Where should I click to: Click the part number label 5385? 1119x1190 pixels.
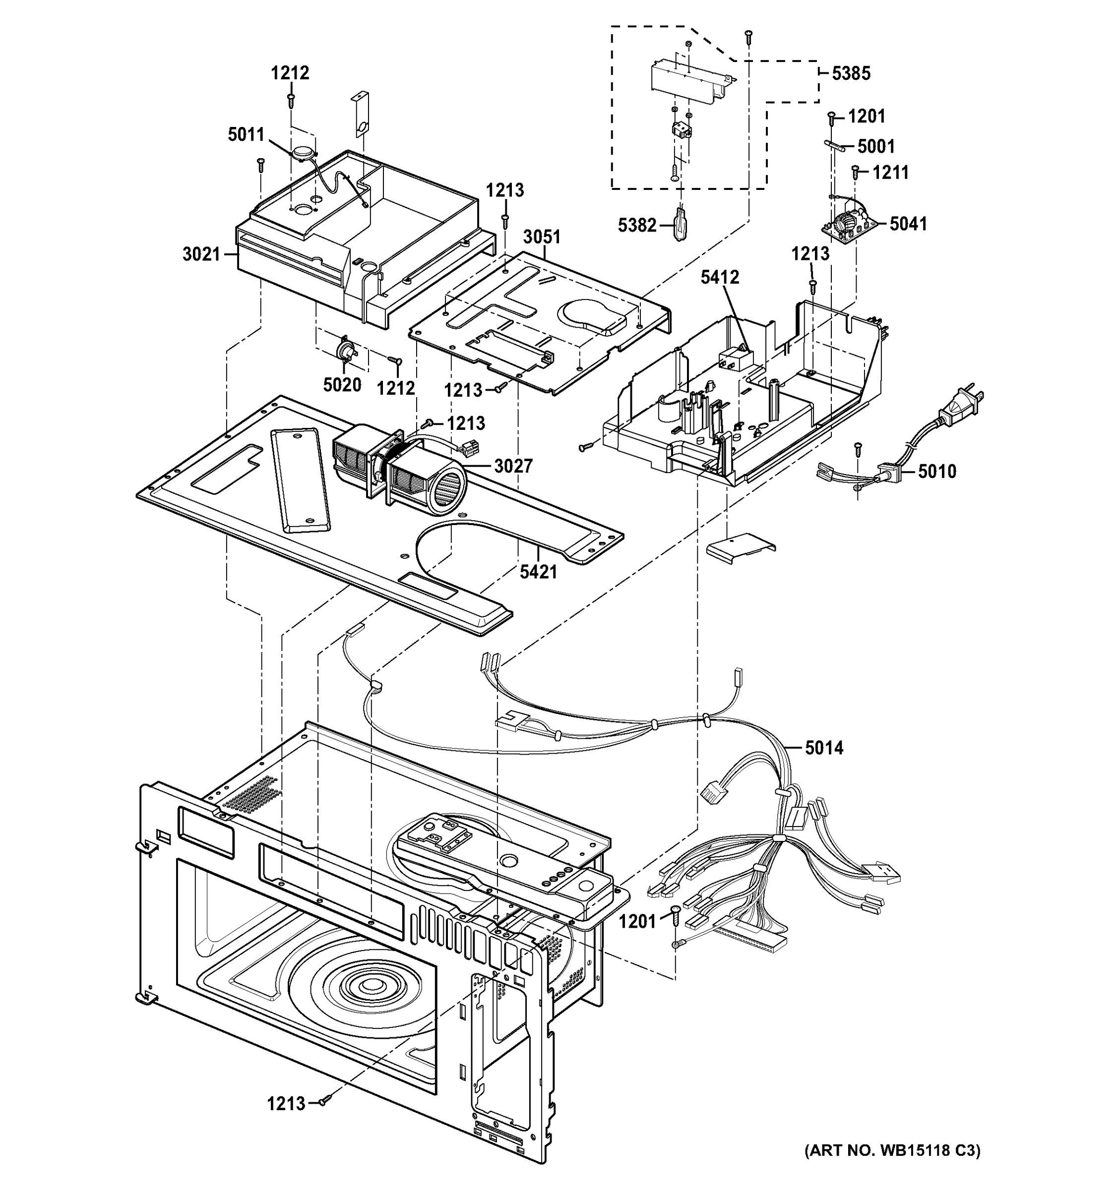[x=851, y=73]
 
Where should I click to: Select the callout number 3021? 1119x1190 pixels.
[x=201, y=254]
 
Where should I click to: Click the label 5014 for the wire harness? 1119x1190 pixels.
[x=824, y=748]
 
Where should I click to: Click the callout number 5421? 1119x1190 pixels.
[x=538, y=572]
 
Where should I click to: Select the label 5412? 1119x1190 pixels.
[x=720, y=277]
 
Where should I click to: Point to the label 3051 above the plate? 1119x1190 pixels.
[x=542, y=237]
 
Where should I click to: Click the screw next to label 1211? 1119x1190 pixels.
[x=856, y=173]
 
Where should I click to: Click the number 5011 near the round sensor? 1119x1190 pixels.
[x=246, y=135]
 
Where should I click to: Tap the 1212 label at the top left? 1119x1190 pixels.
[x=290, y=73]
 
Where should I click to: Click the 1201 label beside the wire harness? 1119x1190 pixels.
[x=638, y=922]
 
